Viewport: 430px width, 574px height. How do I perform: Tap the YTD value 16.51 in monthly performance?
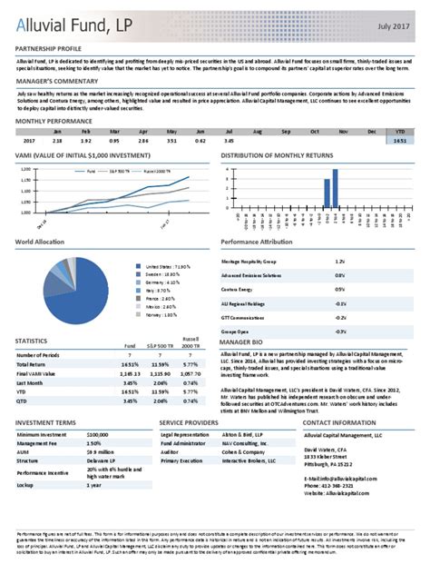(x=399, y=142)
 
